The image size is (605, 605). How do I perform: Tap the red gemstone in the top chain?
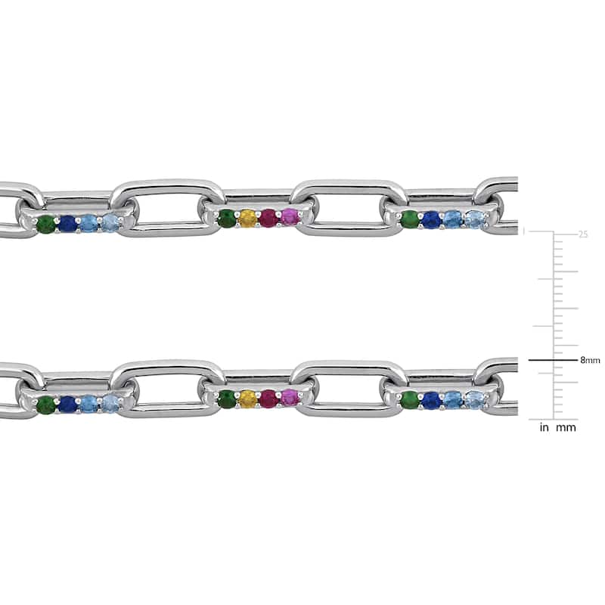[268, 219]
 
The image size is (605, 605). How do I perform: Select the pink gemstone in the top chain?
[290, 219]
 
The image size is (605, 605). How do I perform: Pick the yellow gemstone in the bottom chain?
[247, 399]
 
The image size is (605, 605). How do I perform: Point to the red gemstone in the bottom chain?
[268, 399]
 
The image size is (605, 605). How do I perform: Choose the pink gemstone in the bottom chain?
[290, 399]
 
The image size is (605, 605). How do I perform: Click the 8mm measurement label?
[590, 361]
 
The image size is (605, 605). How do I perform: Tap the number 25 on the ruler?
[583, 234]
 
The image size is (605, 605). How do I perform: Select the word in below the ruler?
[544, 428]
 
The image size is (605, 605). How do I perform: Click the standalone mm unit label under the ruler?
[566, 428]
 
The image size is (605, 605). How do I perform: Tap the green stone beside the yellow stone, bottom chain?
[226, 400]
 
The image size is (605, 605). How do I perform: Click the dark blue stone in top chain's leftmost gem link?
[67, 224]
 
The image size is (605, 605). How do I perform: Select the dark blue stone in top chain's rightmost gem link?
[431, 219]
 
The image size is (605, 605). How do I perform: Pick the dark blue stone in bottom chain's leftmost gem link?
[67, 404]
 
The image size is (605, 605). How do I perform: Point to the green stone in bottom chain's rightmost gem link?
[410, 399]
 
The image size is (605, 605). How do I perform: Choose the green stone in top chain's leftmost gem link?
[46, 225]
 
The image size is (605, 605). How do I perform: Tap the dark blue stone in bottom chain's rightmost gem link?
[431, 399]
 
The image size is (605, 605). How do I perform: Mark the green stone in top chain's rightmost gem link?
[410, 219]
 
